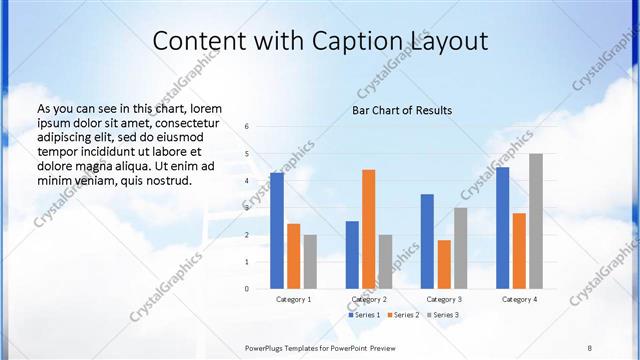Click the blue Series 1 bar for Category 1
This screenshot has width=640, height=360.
tap(276, 231)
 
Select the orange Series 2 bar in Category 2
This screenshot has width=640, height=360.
tap(368, 229)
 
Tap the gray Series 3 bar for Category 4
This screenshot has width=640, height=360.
tap(536, 221)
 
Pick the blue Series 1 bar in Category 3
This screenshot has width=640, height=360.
tap(427, 241)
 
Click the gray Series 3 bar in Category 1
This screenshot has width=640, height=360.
tap(310, 262)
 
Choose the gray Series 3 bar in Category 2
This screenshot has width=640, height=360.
tap(386, 262)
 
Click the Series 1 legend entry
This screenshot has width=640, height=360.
tap(364, 315)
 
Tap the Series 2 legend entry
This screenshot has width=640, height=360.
tap(403, 315)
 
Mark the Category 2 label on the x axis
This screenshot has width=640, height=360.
tap(369, 299)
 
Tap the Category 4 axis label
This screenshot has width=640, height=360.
tap(519, 299)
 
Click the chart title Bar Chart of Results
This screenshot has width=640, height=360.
tap(402, 110)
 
